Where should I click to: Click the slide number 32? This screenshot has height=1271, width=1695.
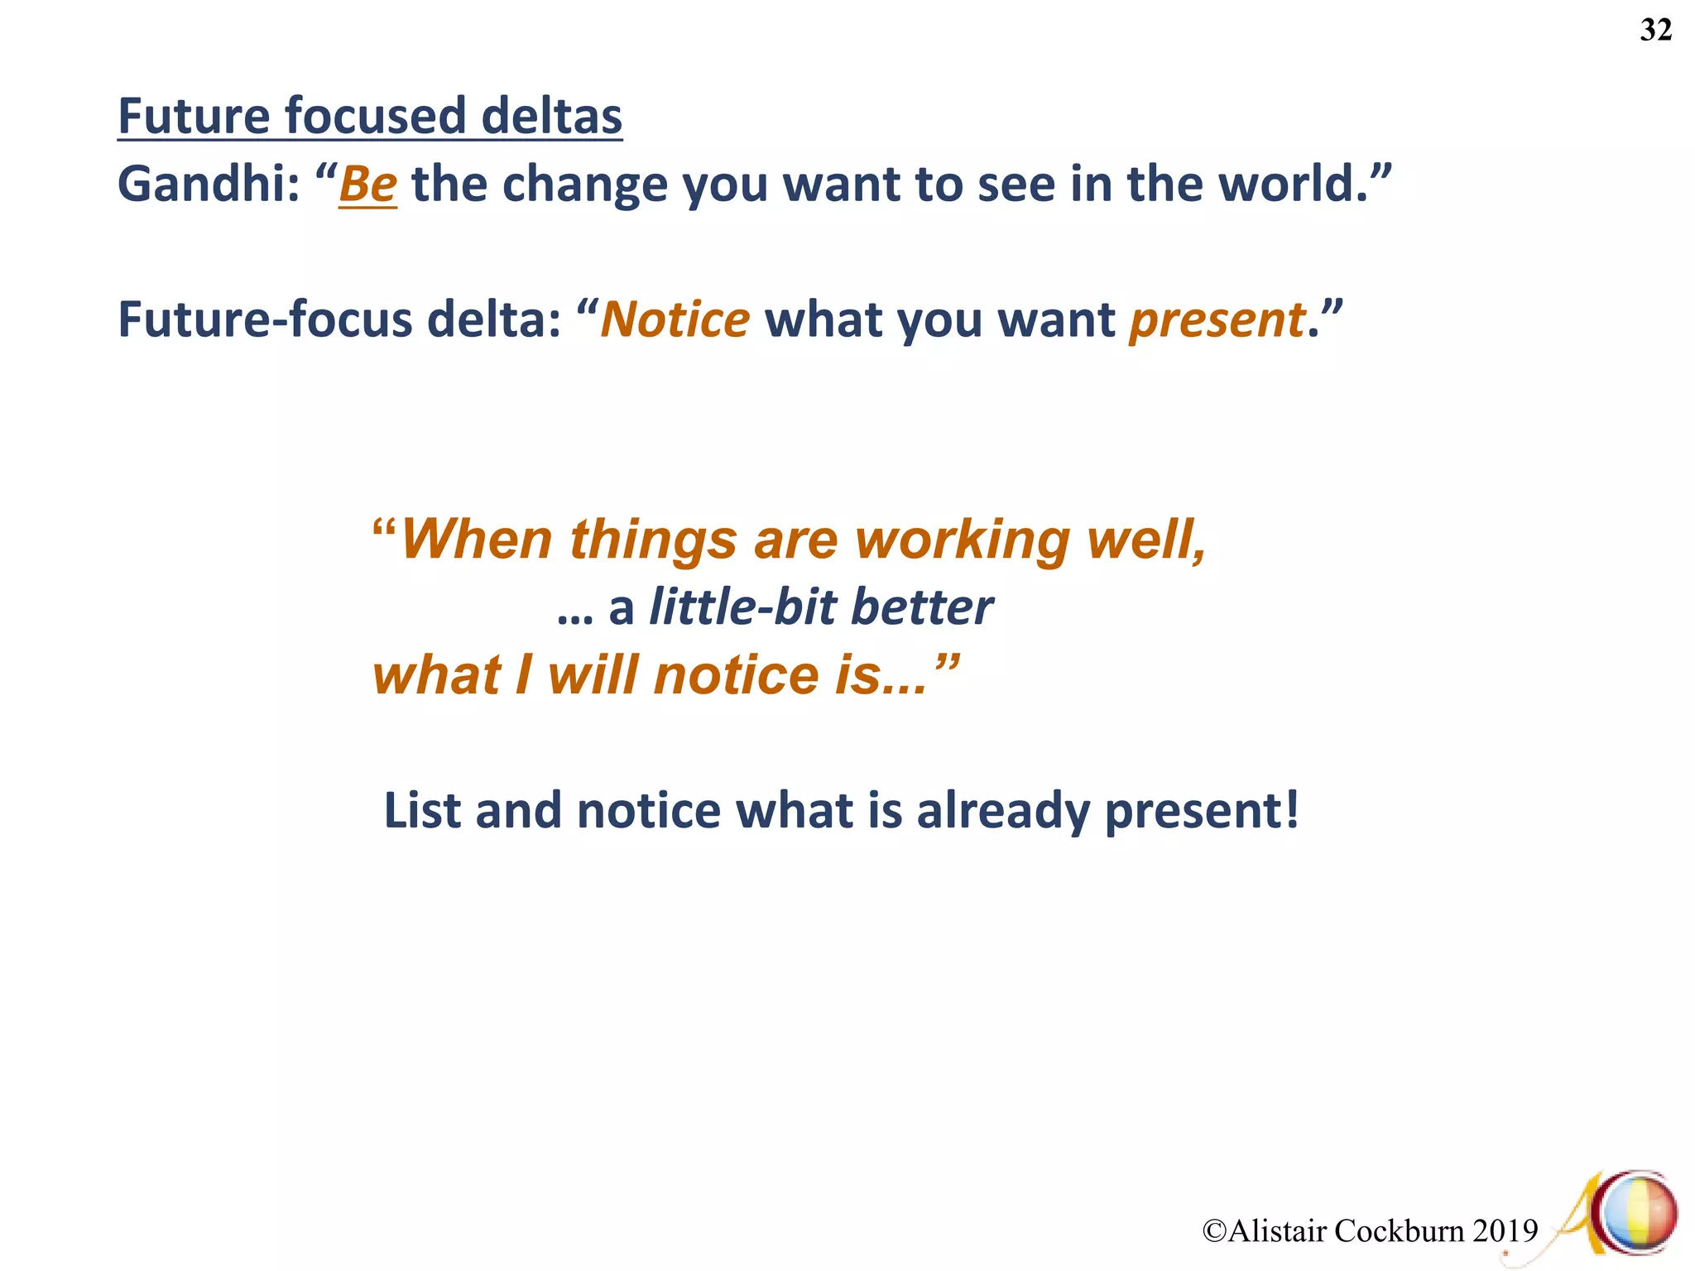(1655, 31)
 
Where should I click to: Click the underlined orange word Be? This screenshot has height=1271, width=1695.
(368, 184)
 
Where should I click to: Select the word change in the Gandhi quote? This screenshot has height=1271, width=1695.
(584, 184)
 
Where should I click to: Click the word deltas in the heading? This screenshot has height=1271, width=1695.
(551, 116)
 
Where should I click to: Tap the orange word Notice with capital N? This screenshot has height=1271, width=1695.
(675, 319)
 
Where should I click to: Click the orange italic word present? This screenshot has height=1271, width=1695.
(1217, 321)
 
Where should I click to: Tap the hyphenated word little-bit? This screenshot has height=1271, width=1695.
(742, 607)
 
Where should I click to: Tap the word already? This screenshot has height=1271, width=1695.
(1003, 812)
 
